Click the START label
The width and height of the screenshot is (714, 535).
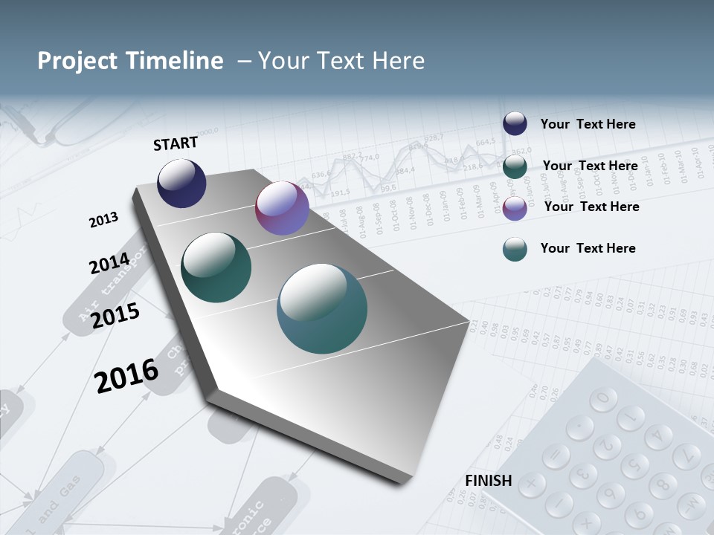[176, 143]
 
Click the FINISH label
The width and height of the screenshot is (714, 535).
[488, 481]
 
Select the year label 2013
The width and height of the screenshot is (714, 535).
[103, 220]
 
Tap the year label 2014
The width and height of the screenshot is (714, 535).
[109, 264]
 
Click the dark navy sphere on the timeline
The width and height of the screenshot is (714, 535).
[181, 183]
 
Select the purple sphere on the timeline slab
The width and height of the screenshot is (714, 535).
[282, 208]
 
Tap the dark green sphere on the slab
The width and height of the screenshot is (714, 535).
[216, 267]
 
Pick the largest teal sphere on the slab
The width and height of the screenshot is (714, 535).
[322, 308]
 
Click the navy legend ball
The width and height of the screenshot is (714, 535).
[515, 124]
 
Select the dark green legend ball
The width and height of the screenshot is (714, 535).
[515, 166]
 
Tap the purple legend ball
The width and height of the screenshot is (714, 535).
[515, 207]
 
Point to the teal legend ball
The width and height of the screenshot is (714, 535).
[515, 249]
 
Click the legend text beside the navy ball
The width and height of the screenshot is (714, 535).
[588, 124]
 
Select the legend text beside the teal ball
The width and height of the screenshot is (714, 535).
[588, 248]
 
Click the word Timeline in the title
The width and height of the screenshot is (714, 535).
[176, 61]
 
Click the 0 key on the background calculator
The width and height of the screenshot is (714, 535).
[603, 399]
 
